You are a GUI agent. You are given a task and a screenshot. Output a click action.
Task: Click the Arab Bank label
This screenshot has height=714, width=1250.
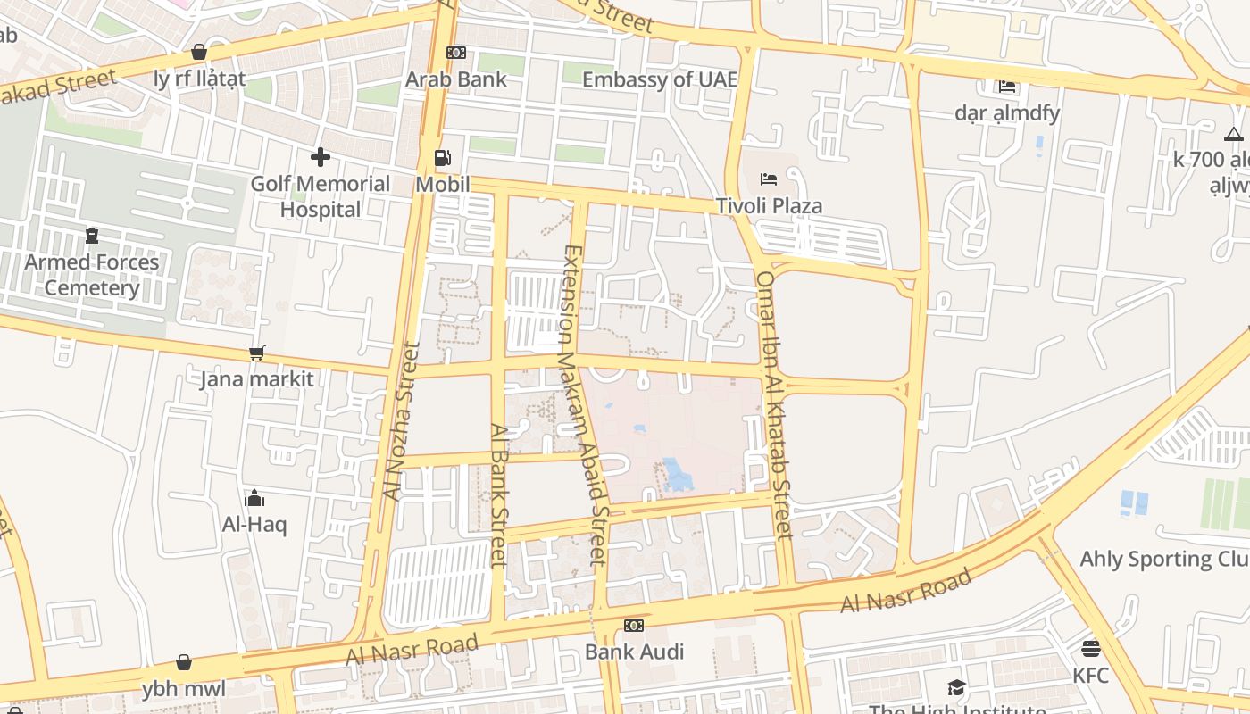455,79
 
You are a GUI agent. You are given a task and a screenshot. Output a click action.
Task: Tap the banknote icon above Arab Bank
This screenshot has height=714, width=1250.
455,53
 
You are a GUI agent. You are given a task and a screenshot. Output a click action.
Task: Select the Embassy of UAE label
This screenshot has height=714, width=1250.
660,79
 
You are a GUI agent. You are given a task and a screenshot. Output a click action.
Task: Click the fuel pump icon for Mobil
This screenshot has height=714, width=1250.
442,158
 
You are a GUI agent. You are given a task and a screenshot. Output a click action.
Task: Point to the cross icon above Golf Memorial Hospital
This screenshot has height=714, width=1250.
320,158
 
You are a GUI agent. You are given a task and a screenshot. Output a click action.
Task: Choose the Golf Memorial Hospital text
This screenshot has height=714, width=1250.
320,196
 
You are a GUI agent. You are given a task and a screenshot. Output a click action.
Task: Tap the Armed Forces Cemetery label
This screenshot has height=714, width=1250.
91,275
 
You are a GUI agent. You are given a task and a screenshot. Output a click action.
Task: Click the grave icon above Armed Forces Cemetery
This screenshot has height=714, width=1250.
91,236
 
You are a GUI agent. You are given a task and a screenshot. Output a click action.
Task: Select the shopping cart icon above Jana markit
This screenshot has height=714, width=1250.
256,353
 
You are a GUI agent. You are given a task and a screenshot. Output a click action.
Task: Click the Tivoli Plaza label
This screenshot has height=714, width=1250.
769,206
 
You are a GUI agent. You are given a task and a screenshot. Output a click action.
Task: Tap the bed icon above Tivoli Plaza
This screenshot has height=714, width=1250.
768,179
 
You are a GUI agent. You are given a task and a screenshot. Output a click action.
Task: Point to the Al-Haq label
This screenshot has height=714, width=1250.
254,524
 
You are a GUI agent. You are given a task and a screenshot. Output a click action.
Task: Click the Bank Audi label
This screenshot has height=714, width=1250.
634,652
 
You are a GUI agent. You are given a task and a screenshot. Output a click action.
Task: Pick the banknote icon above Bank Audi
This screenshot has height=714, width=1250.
634,626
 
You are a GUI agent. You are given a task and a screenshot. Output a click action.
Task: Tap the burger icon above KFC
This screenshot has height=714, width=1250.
1090,648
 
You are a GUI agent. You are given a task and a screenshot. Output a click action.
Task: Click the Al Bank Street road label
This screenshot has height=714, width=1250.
498,494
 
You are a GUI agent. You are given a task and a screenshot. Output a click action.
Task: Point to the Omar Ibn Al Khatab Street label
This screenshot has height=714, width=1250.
773,405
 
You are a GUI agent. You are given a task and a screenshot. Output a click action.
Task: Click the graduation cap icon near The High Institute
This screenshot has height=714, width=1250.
956,686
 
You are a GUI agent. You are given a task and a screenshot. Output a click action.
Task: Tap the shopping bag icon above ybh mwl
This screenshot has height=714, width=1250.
183,662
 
